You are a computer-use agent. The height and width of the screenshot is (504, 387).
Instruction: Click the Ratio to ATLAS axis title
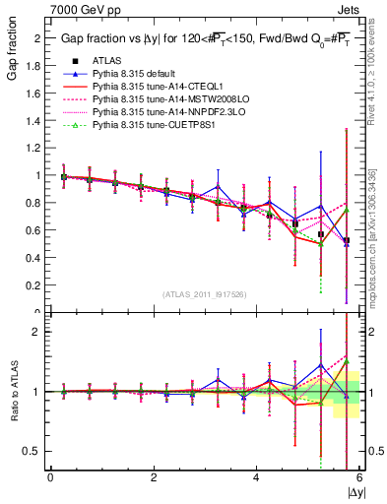tap(12, 394)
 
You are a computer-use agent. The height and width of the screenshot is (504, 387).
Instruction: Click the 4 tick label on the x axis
tap(256, 477)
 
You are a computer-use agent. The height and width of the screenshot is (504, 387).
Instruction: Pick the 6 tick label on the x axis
tap(359, 477)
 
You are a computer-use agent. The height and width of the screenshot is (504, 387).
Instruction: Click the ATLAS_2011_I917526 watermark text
tap(204, 294)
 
